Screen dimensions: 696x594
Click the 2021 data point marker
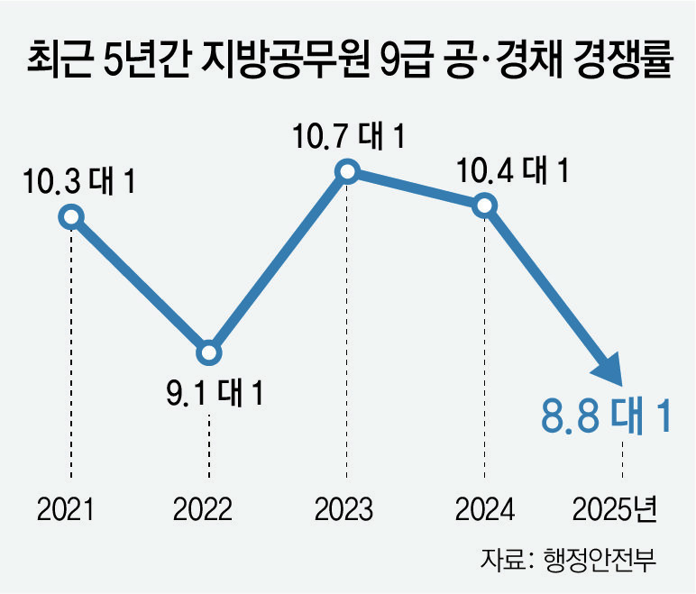[x=71, y=217]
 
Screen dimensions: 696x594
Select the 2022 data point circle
[x=208, y=353]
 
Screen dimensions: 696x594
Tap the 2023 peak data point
[x=347, y=171]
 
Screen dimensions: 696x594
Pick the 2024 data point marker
[x=485, y=206]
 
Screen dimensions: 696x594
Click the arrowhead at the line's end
[x=609, y=370]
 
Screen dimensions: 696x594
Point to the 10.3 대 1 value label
[x=79, y=181]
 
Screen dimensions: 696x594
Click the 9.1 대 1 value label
[x=215, y=393]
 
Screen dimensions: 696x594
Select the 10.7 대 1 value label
[x=349, y=136]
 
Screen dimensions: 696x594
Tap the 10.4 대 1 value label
[x=513, y=170]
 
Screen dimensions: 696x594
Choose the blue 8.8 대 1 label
[x=606, y=416]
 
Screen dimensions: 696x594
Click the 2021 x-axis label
[x=66, y=509]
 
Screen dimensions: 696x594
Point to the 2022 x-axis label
[x=203, y=509]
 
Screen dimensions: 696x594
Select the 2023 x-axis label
[x=343, y=509]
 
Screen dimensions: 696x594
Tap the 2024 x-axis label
[x=485, y=509]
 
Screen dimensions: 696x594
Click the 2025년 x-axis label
[x=615, y=509]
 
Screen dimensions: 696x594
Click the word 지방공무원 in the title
[x=286, y=59]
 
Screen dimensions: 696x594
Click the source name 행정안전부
[x=600, y=559]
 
